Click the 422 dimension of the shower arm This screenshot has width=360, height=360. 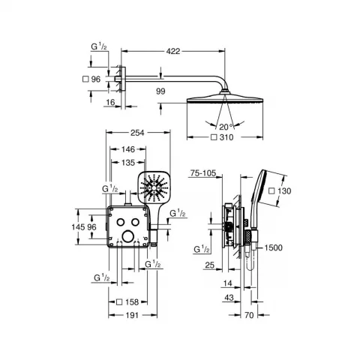click(173, 51)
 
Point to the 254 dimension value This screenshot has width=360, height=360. click(137, 133)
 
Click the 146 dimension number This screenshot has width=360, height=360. click(128, 149)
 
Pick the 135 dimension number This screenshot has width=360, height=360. click(128, 163)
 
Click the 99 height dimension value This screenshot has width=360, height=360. click(160, 91)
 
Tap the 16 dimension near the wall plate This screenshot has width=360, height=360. click(110, 102)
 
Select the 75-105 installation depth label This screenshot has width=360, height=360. click(203, 172)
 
